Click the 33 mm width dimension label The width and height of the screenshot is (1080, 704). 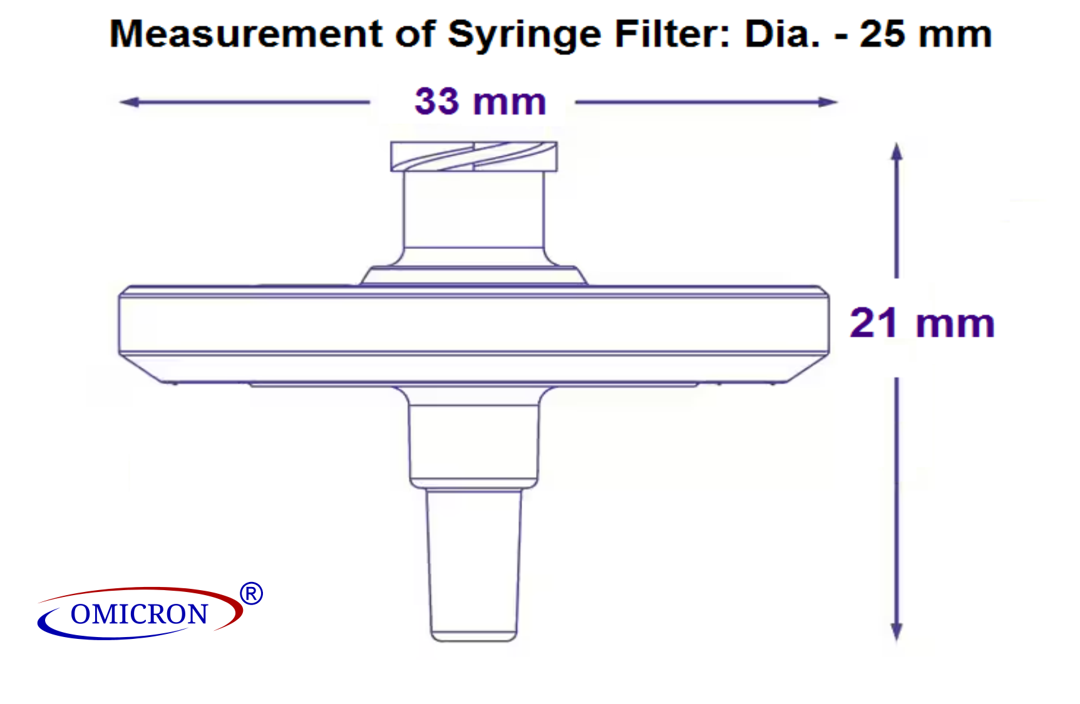click(x=480, y=101)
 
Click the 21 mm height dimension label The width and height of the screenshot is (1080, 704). click(x=922, y=323)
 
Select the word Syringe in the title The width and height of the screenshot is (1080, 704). click(x=525, y=34)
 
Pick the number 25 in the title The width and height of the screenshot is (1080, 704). click(x=882, y=34)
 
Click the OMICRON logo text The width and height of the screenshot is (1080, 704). click(x=139, y=615)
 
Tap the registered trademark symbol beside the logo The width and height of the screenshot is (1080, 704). click(x=251, y=593)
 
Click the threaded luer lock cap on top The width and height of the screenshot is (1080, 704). click(x=474, y=156)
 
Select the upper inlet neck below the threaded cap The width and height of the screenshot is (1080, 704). click(x=474, y=210)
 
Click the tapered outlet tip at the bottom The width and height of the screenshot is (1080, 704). click(x=474, y=563)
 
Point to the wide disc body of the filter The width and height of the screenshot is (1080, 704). click(x=474, y=324)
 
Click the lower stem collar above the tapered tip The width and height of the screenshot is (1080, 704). click(x=474, y=444)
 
